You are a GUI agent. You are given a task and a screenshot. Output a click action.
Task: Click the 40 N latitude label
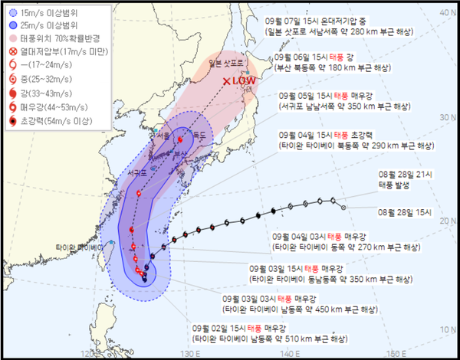448,12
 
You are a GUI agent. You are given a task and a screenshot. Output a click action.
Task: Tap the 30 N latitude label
448,116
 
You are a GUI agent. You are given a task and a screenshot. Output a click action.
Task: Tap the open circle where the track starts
343,207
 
